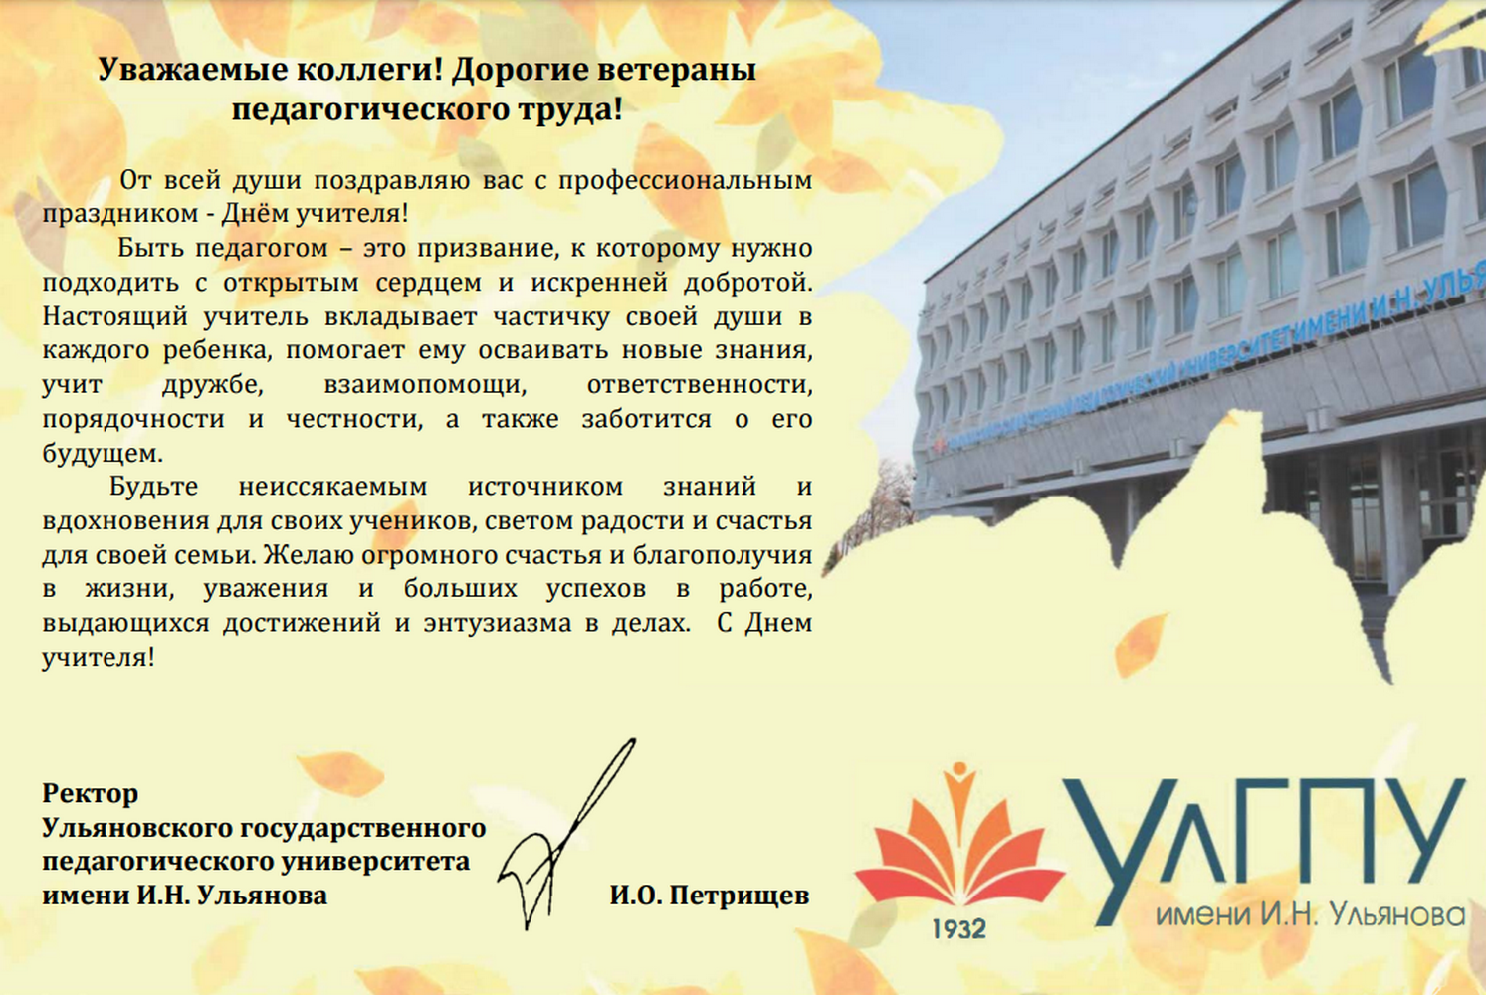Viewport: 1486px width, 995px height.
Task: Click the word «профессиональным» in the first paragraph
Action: point(686,181)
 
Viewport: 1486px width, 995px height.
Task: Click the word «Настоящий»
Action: point(115,317)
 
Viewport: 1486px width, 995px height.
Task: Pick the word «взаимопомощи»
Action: point(425,386)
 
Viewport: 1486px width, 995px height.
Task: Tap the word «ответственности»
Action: point(700,386)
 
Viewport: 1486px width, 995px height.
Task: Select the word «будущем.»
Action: point(103,453)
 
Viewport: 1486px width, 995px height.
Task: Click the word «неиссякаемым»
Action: point(332,487)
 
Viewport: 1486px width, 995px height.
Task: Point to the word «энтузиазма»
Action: point(498,624)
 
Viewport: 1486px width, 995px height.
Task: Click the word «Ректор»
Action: point(91,793)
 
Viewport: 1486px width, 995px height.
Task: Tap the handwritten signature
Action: point(566,834)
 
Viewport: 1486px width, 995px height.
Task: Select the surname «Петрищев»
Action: point(740,896)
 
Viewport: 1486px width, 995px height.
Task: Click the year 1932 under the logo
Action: point(958,929)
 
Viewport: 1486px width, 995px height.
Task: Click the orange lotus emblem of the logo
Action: point(957,843)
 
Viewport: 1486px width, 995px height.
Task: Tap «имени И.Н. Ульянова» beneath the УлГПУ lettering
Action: point(1310,916)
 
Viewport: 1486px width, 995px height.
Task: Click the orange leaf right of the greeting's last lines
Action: point(1139,644)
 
